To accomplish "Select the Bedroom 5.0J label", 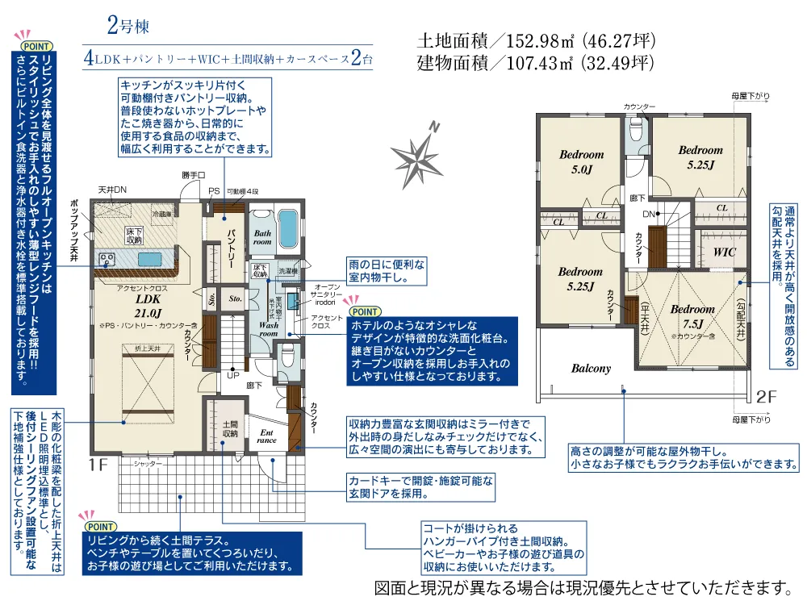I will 581,161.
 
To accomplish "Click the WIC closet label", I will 725,252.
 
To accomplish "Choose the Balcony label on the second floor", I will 592,368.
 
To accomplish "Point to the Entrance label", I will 267,435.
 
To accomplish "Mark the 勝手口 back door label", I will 194,175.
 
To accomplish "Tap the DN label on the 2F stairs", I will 648,215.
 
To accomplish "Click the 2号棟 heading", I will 128,25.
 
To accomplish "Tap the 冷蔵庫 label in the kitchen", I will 161,215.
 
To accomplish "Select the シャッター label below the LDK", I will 148,463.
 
